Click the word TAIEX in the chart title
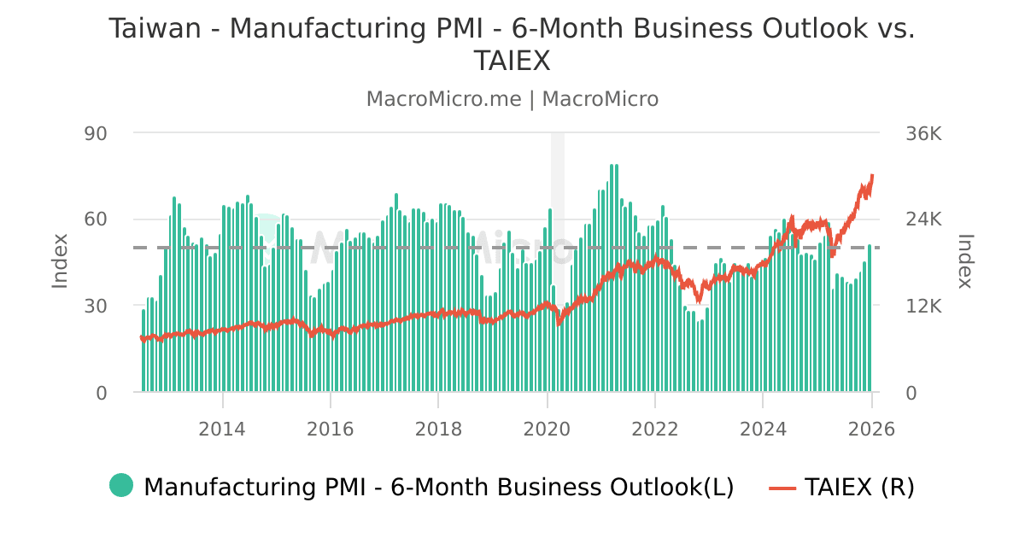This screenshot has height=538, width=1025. click(512, 61)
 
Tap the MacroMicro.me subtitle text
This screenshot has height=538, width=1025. click(443, 99)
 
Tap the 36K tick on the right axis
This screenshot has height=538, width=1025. click(923, 133)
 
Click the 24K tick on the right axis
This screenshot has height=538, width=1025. click(923, 219)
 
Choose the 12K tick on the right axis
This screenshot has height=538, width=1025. click(923, 306)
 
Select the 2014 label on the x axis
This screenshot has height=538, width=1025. click(222, 429)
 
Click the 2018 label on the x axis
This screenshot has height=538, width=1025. click(438, 429)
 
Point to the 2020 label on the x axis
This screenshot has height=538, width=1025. click(547, 429)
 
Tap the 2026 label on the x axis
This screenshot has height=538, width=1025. click(870, 429)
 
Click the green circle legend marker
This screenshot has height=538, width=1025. click(121, 486)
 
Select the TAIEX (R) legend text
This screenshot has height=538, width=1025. click(859, 487)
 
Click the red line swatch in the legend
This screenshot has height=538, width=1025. click(782, 487)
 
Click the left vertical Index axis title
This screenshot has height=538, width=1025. click(60, 260)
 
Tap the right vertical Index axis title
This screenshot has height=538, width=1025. click(965, 260)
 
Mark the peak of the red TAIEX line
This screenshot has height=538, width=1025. click(872, 175)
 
